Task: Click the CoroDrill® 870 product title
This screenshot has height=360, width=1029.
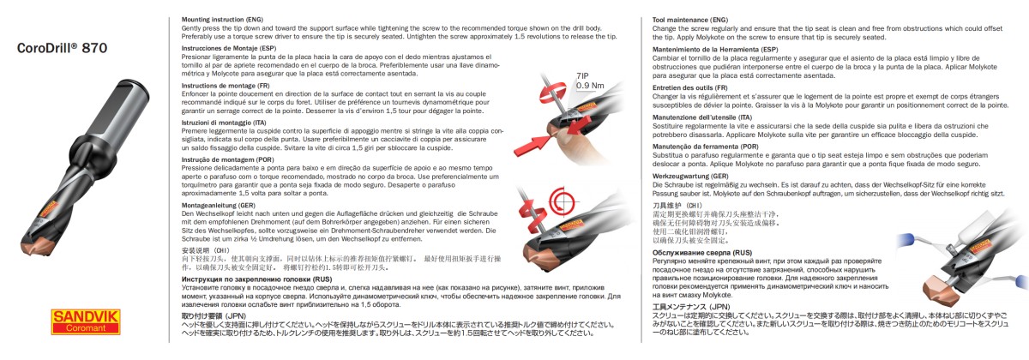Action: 62,49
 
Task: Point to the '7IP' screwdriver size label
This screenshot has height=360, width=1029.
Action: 582,76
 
